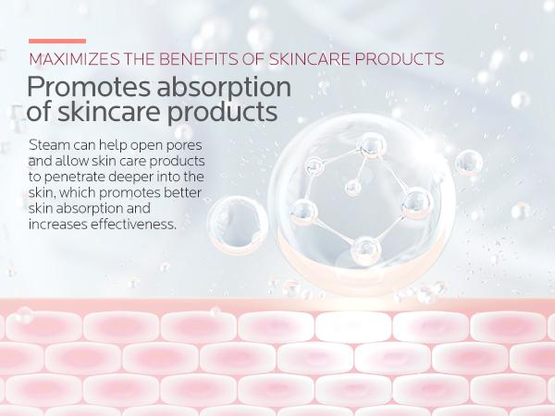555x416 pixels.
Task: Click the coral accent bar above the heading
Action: point(57,41)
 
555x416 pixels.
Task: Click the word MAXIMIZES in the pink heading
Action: point(74,59)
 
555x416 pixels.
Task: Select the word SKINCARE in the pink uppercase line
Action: point(310,59)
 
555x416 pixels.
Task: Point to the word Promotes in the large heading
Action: point(89,87)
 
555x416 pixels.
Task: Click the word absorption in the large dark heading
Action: point(224,88)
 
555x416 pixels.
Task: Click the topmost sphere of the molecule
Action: point(371,145)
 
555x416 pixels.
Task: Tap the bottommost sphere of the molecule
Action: point(365,251)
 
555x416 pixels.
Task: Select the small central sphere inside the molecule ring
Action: point(353,188)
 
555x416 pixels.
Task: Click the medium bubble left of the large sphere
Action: point(238,225)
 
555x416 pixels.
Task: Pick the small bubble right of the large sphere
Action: point(469,163)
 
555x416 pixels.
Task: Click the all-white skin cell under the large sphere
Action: point(353,327)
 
